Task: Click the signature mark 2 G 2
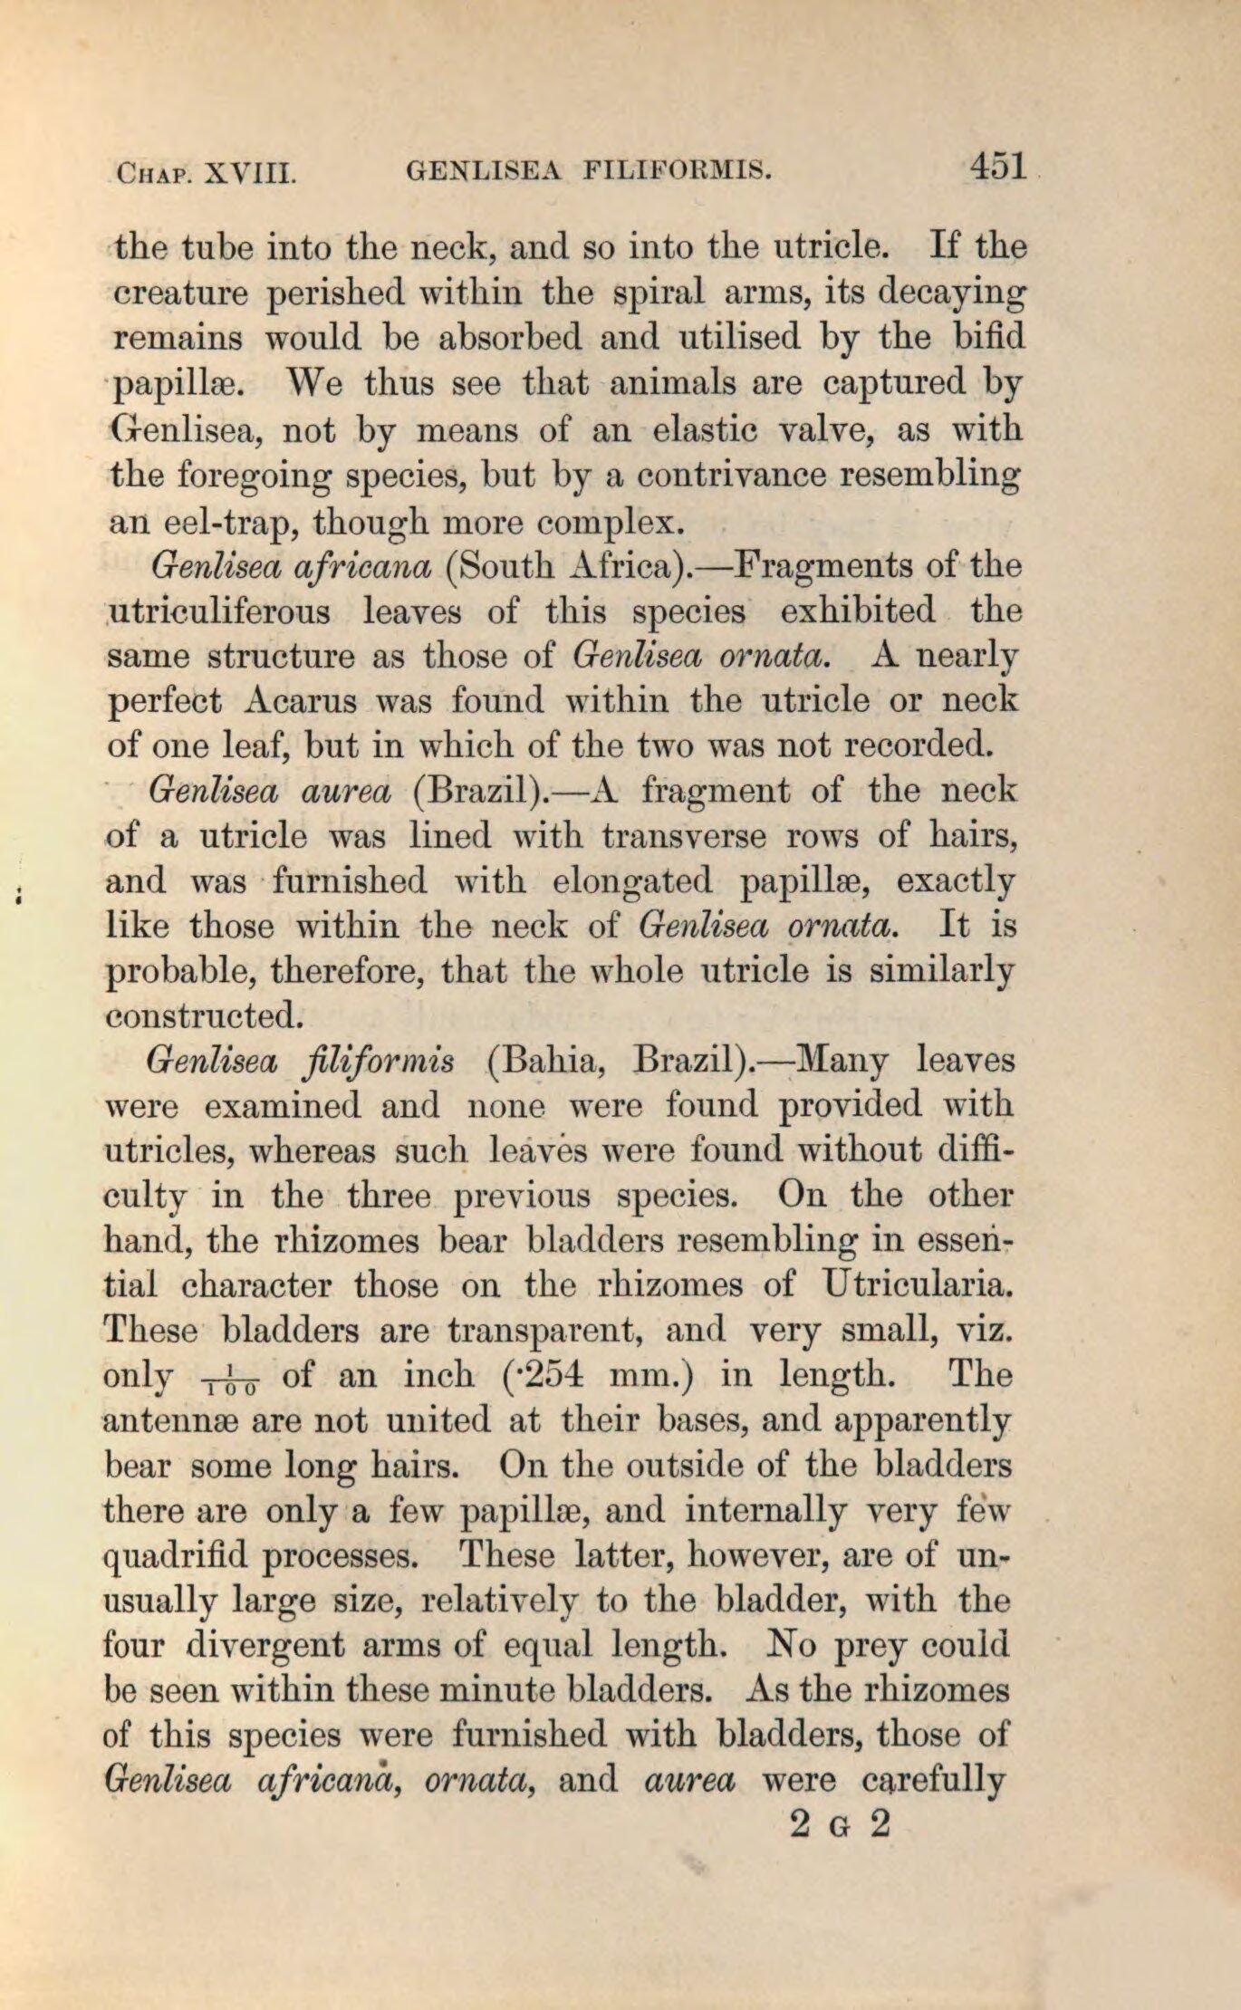841,1824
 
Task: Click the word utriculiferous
218,611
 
